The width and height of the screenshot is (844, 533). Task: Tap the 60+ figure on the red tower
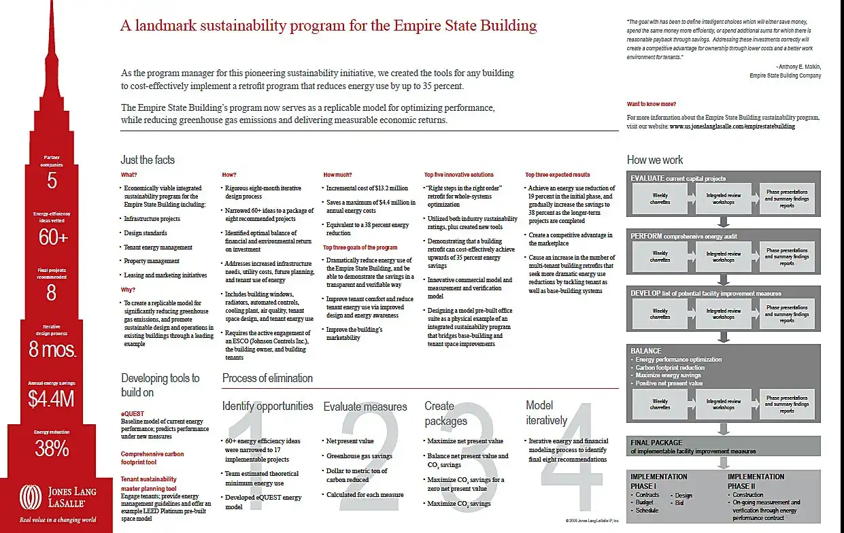point(52,237)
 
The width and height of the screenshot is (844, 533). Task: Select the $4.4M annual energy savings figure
point(51,400)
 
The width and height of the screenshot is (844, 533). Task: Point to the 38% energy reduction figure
point(52,449)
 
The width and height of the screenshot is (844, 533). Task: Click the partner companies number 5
point(52,181)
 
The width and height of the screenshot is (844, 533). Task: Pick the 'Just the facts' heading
point(148,160)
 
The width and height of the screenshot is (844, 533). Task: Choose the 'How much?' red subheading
point(337,175)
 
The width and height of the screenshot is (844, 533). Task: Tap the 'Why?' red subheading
point(128,290)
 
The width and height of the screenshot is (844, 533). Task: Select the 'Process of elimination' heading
point(267,378)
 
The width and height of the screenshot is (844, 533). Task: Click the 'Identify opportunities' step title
point(267,406)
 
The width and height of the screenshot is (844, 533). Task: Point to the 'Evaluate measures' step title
point(365,407)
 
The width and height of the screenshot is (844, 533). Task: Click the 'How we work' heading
point(655,160)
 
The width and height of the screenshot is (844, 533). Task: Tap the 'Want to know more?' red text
point(652,104)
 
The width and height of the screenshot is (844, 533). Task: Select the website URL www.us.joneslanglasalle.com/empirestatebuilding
point(732,126)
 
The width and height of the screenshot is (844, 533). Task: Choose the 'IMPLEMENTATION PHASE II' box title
point(756,481)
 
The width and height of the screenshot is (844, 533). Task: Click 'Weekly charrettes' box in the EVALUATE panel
point(660,199)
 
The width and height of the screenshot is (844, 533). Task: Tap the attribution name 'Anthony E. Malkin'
point(798,67)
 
